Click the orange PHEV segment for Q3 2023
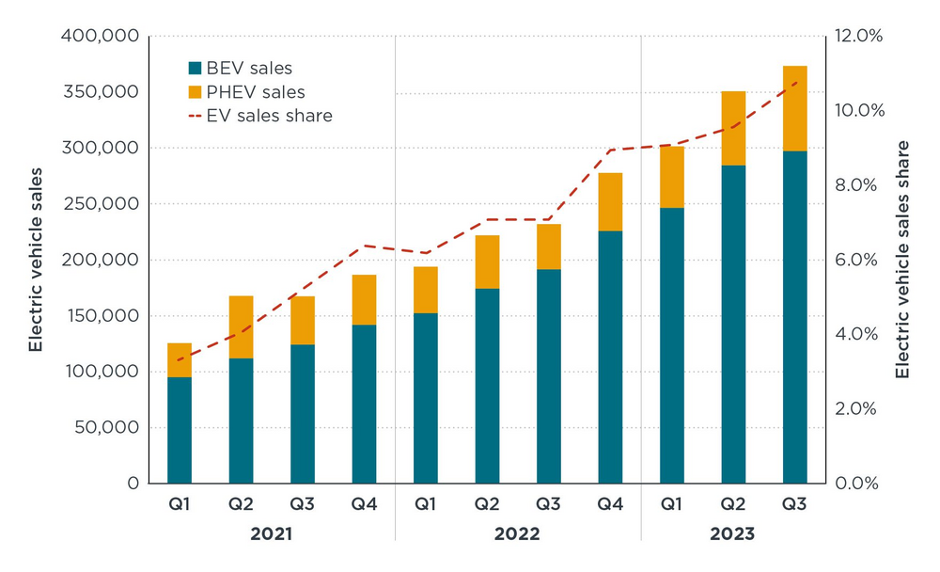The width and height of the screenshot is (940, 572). coord(794,108)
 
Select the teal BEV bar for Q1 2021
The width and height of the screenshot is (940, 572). coord(180,430)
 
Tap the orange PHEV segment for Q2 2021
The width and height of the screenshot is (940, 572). coord(241,326)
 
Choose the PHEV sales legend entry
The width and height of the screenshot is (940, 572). coord(246,92)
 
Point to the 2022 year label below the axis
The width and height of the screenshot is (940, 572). coord(517,534)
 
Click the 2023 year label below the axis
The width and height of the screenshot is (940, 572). coord(733,534)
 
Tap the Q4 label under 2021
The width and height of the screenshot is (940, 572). coord(364,506)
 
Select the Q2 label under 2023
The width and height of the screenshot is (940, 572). coord(733,506)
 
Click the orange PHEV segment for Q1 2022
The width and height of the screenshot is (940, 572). coord(425,290)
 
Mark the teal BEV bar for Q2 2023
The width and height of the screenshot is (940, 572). coord(733,325)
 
